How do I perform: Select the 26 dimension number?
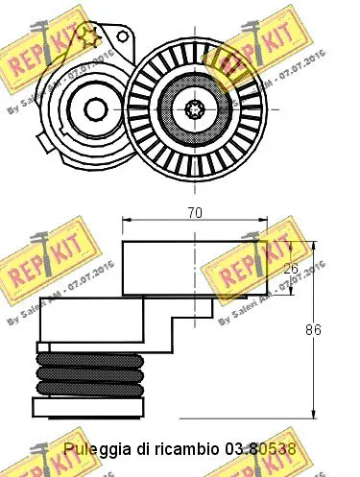coord(291,270)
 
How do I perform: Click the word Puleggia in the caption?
coord(92,448)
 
